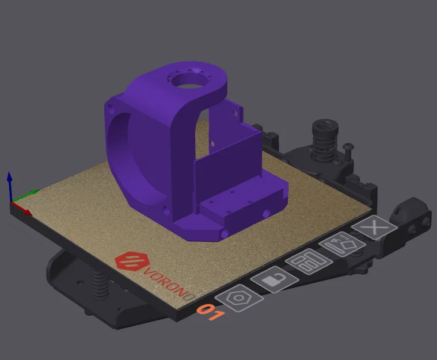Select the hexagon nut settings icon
coord(239,299)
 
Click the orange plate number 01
coord(210,313)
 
